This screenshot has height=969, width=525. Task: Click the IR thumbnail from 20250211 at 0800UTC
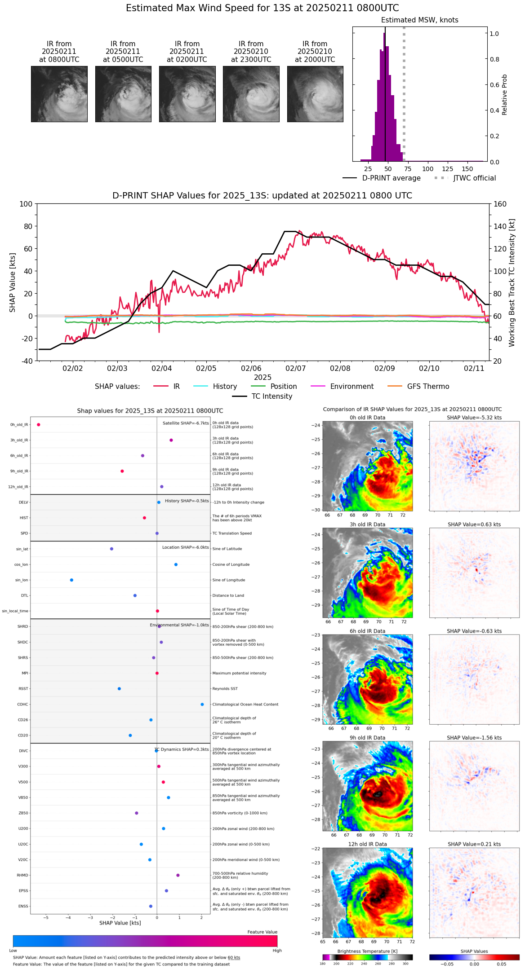[59, 94]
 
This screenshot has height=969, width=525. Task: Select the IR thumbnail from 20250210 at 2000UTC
[315, 94]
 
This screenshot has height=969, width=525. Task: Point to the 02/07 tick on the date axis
[295, 368]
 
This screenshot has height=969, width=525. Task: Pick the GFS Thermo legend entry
[428, 387]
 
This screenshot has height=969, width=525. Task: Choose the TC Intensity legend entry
[271, 396]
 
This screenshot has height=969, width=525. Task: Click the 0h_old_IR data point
[39, 425]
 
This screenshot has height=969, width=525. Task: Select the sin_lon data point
[71, 580]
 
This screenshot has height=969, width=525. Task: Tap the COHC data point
[202, 705]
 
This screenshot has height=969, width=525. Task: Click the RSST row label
[23, 689]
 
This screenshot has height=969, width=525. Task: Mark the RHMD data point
[178, 875]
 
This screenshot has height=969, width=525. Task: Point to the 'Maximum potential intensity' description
[239, 674]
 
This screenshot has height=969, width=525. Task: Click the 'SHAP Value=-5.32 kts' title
[474, 418]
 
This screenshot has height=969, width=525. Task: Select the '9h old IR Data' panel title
[367, 738]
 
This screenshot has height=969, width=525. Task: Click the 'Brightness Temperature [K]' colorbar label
[367, 951]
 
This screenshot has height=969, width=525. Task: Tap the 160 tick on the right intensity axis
[500, 204]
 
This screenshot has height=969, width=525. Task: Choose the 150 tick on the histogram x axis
[467, 169]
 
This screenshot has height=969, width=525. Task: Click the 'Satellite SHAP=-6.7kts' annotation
[186, 423]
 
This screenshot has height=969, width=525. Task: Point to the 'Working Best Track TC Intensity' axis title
[512, 283]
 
